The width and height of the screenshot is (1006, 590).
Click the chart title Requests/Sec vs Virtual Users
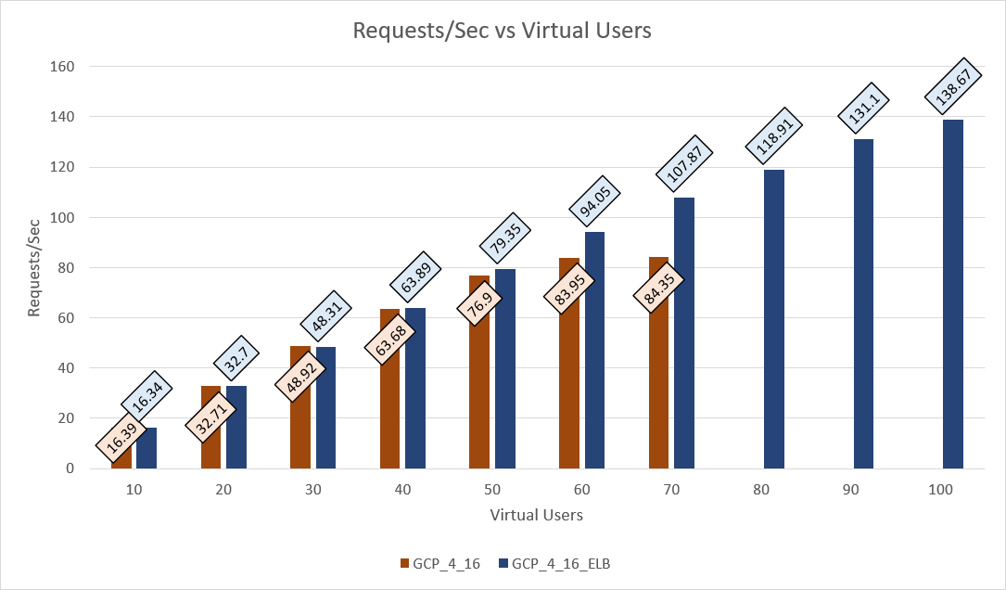(x=503, y=31)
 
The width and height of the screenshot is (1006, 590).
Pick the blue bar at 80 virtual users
(x=774, y=319)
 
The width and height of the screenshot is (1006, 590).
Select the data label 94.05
(x=594, y=199)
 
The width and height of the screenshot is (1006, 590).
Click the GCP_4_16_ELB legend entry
(x=554, y=562)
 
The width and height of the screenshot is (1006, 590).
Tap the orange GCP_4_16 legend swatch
(x=404, y=562)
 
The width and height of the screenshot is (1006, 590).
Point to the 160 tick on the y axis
(x=64, y=67)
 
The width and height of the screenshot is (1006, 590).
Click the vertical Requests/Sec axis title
(x=34, y=268)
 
